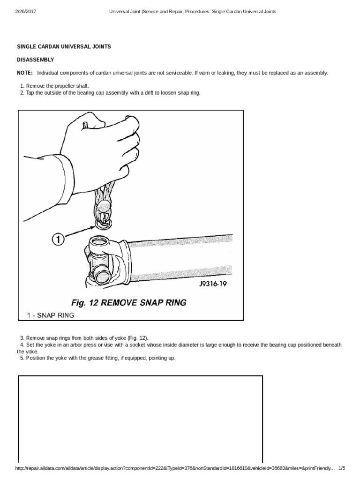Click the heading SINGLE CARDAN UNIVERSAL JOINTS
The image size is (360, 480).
click(x=64, y=47)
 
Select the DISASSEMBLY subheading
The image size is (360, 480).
click(x=36, y=60)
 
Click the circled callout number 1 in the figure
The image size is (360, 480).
click(x=57, y=239)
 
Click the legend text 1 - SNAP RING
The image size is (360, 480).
click(x=48, y=315)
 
